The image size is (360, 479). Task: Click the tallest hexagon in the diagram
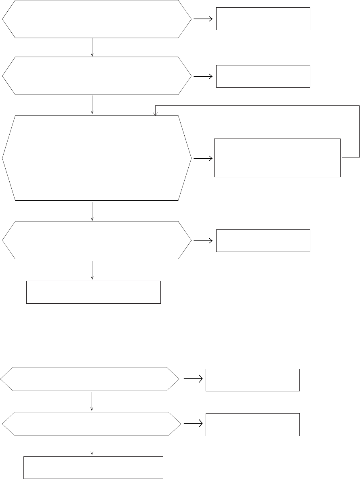click(x=97, y=158)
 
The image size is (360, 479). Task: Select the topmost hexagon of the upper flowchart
click(x=97, y=19)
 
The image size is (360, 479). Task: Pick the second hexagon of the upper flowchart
click(x=97, y=76)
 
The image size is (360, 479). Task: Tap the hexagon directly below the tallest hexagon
click(x=97, y=240)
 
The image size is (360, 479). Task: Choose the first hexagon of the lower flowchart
click(x=90, y=379)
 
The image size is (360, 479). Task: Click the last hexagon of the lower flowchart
click(x=91, y=424)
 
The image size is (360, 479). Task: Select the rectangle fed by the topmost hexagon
click(x=263, y=19)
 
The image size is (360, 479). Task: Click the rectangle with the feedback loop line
click(x=277, y=158)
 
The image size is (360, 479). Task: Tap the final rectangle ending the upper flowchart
click(x=93, y=292)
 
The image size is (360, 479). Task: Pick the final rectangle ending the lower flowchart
click(x=93, y=467)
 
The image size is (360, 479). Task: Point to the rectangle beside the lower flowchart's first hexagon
click(x=253, y=380)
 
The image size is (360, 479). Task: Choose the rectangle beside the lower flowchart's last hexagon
click(x=253, y=424)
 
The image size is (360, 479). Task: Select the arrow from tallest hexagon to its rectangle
click(x=203, y=158)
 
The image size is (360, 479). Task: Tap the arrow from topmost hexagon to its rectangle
click(x=204, y=19)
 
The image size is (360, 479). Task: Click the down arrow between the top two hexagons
click(x=93, y=47)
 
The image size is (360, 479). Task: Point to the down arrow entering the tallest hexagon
click(x=93, y=105)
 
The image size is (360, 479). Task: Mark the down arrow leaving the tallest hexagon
click(x=93, y=211)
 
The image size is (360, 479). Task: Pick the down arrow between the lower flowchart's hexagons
click(x=93, y=401)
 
